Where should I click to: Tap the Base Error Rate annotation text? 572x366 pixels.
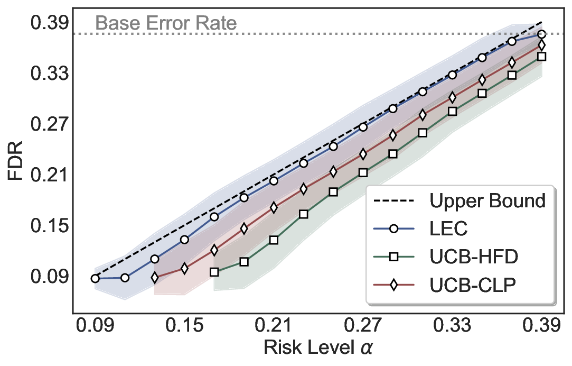point(166,23)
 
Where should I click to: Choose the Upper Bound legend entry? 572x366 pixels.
point(487,201)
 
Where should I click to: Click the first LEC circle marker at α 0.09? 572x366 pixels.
point(95,278)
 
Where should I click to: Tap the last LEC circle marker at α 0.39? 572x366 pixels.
point(541,35)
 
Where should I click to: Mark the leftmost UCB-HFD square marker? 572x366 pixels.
point(214,272)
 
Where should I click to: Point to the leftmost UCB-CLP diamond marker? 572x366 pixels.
point(155,277)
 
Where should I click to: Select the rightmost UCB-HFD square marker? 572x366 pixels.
point(541,57)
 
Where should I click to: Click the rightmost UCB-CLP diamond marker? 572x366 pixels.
point(541,45)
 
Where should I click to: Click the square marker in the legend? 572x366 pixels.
point(394,257)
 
